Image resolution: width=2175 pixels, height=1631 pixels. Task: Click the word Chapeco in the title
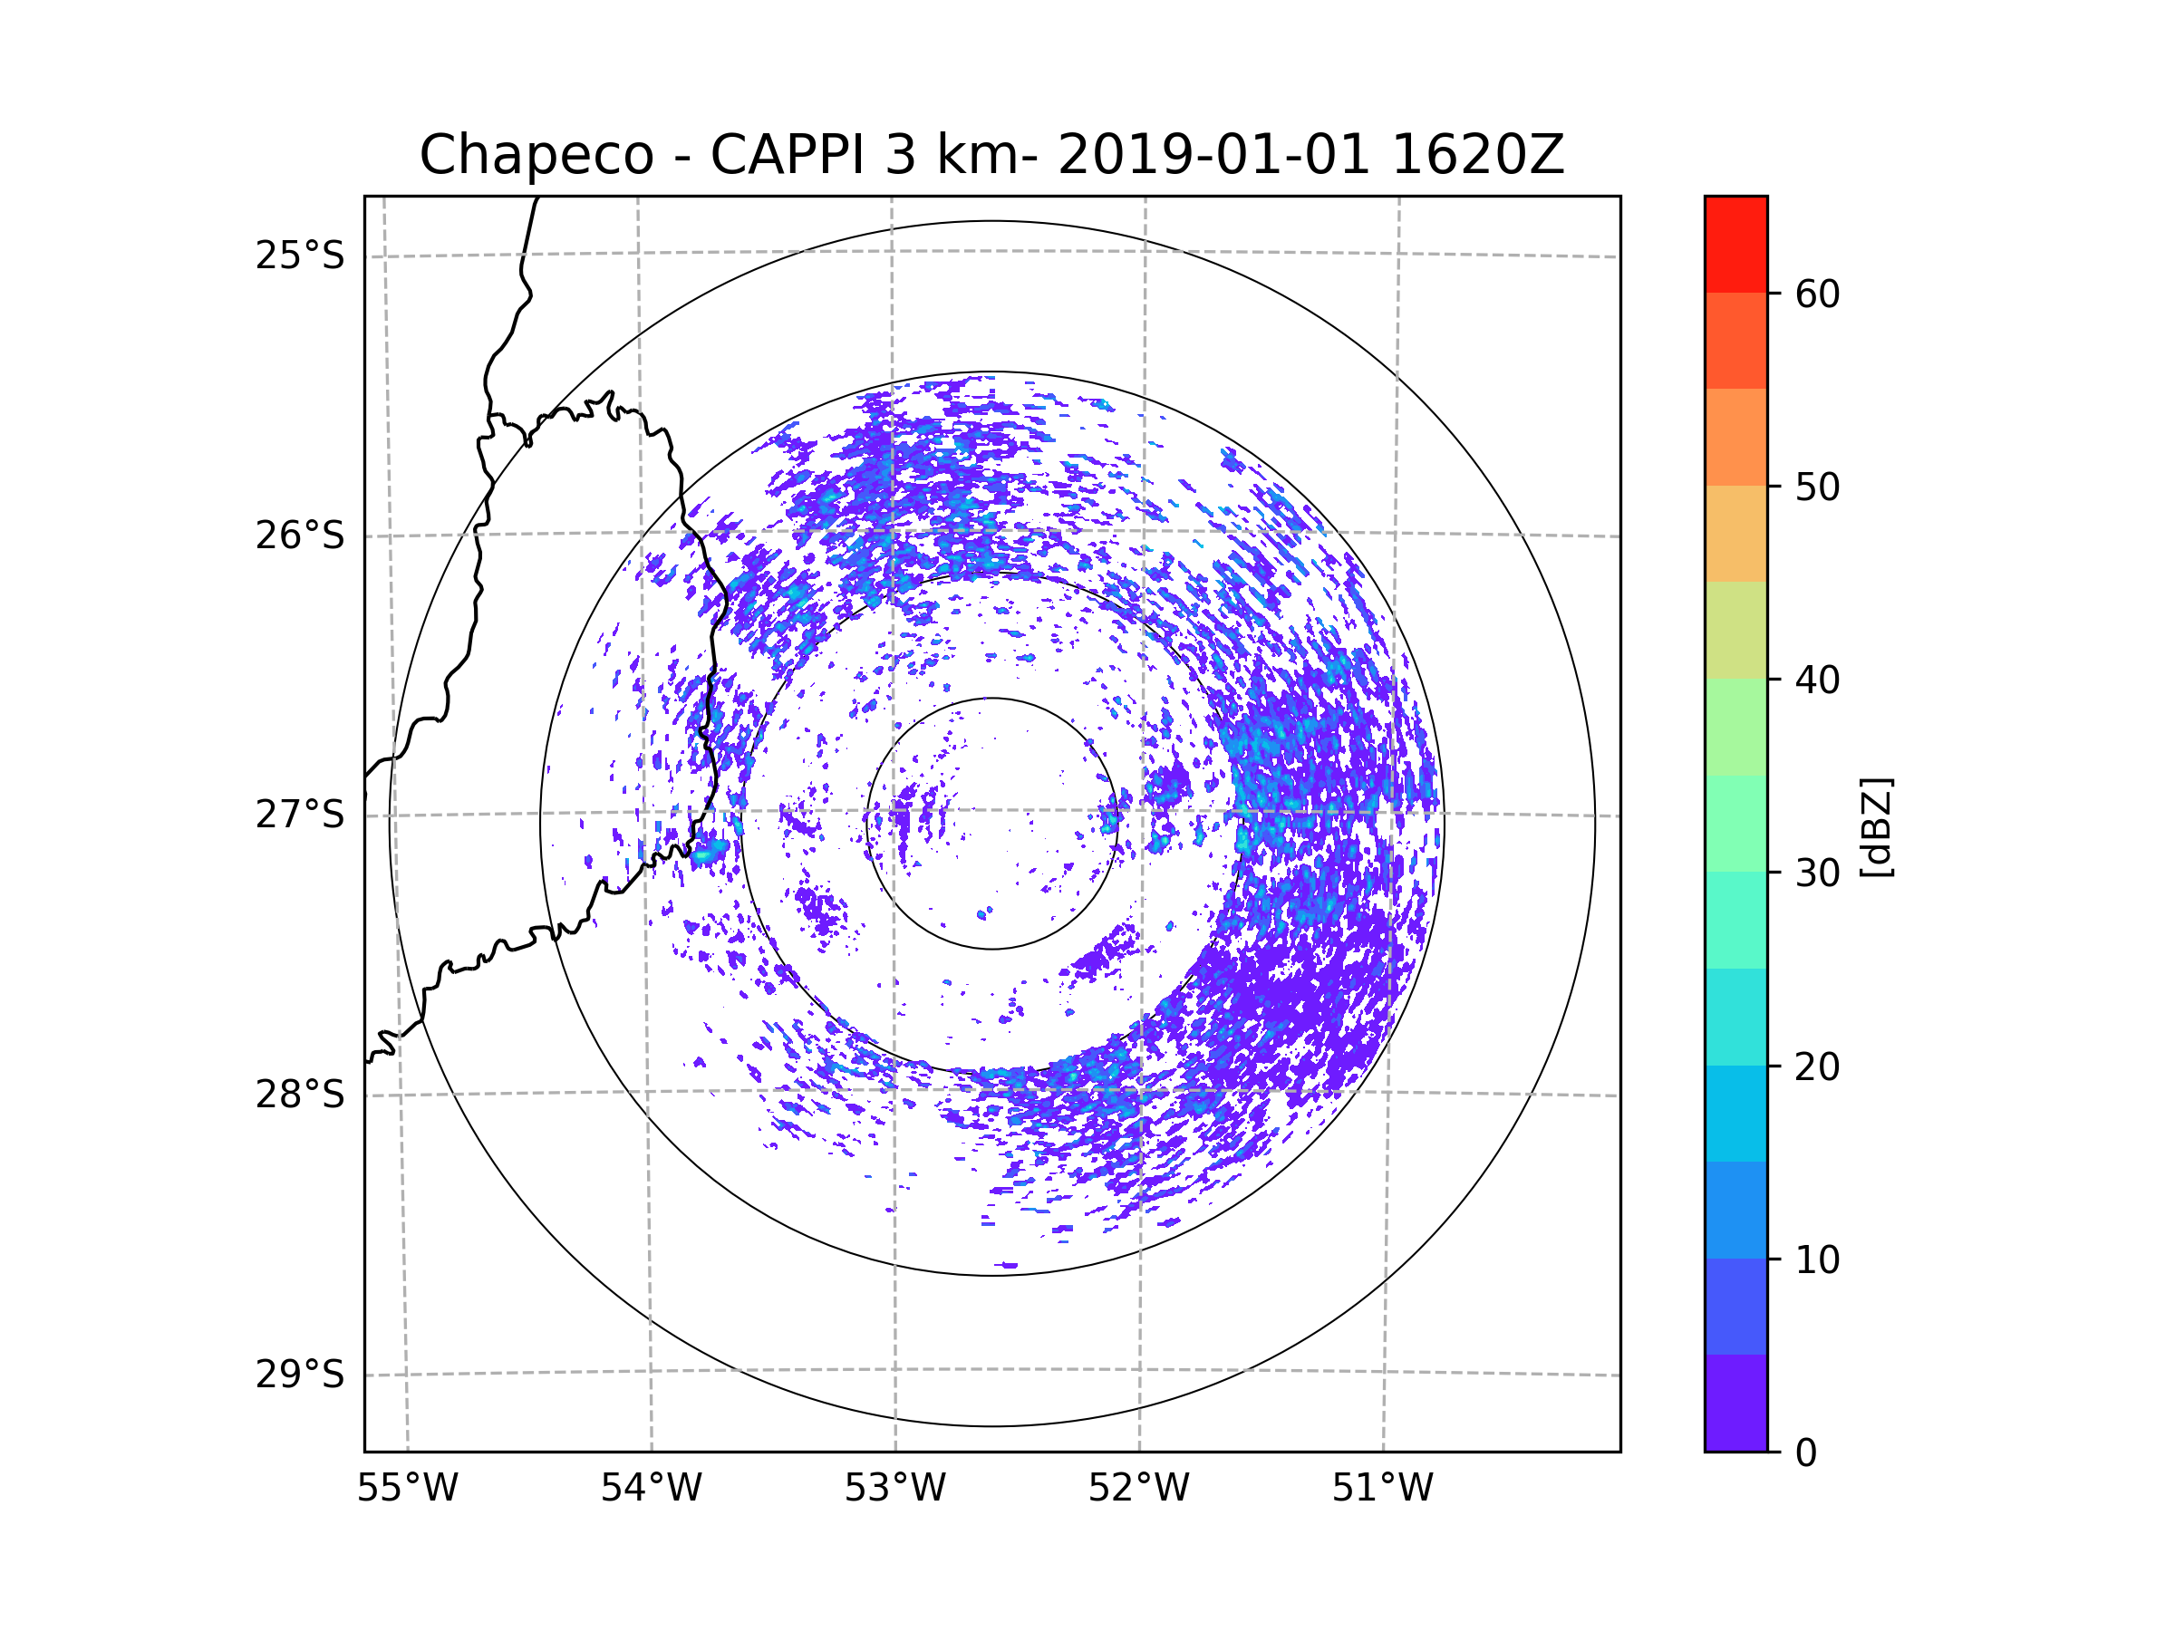click(x=536, y=155)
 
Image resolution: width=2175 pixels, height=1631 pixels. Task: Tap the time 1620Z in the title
click(x=1478, y=154)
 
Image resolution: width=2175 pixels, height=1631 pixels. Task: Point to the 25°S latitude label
click(x=300, y=256)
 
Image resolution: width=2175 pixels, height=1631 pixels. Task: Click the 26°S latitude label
click(x=300, y=536)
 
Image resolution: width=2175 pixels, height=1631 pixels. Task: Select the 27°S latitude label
click(x=300, y=815)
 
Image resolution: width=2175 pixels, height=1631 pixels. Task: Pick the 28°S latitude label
click(x=300, y=1095)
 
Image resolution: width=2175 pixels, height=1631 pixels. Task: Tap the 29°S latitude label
click(x=300, y=1375)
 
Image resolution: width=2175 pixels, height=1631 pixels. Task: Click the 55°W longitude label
click(x=407, y=1489)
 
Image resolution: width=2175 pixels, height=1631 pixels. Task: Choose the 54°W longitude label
click(x=651, y=1489)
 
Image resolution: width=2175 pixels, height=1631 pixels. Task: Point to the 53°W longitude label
click(x=894, y=1489)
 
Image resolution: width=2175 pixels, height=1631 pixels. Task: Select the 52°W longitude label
click(x=1138, y=1489)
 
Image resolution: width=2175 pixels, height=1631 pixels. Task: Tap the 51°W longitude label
click(x=1382, y=1489)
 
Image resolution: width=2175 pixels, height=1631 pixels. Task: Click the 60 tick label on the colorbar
click(x=1817, y=294)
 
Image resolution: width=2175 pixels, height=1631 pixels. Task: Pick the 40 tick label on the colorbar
click(x=1817, y=680)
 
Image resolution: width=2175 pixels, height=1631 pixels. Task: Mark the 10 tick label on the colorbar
click(x=1817, y=1259)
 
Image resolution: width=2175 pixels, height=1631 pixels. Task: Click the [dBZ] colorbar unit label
click(x=1876, y=826)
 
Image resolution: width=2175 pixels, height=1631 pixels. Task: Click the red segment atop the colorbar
click(x=1735, y=245)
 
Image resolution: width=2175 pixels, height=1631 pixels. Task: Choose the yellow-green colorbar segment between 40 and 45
click(x=1735, y=630)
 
